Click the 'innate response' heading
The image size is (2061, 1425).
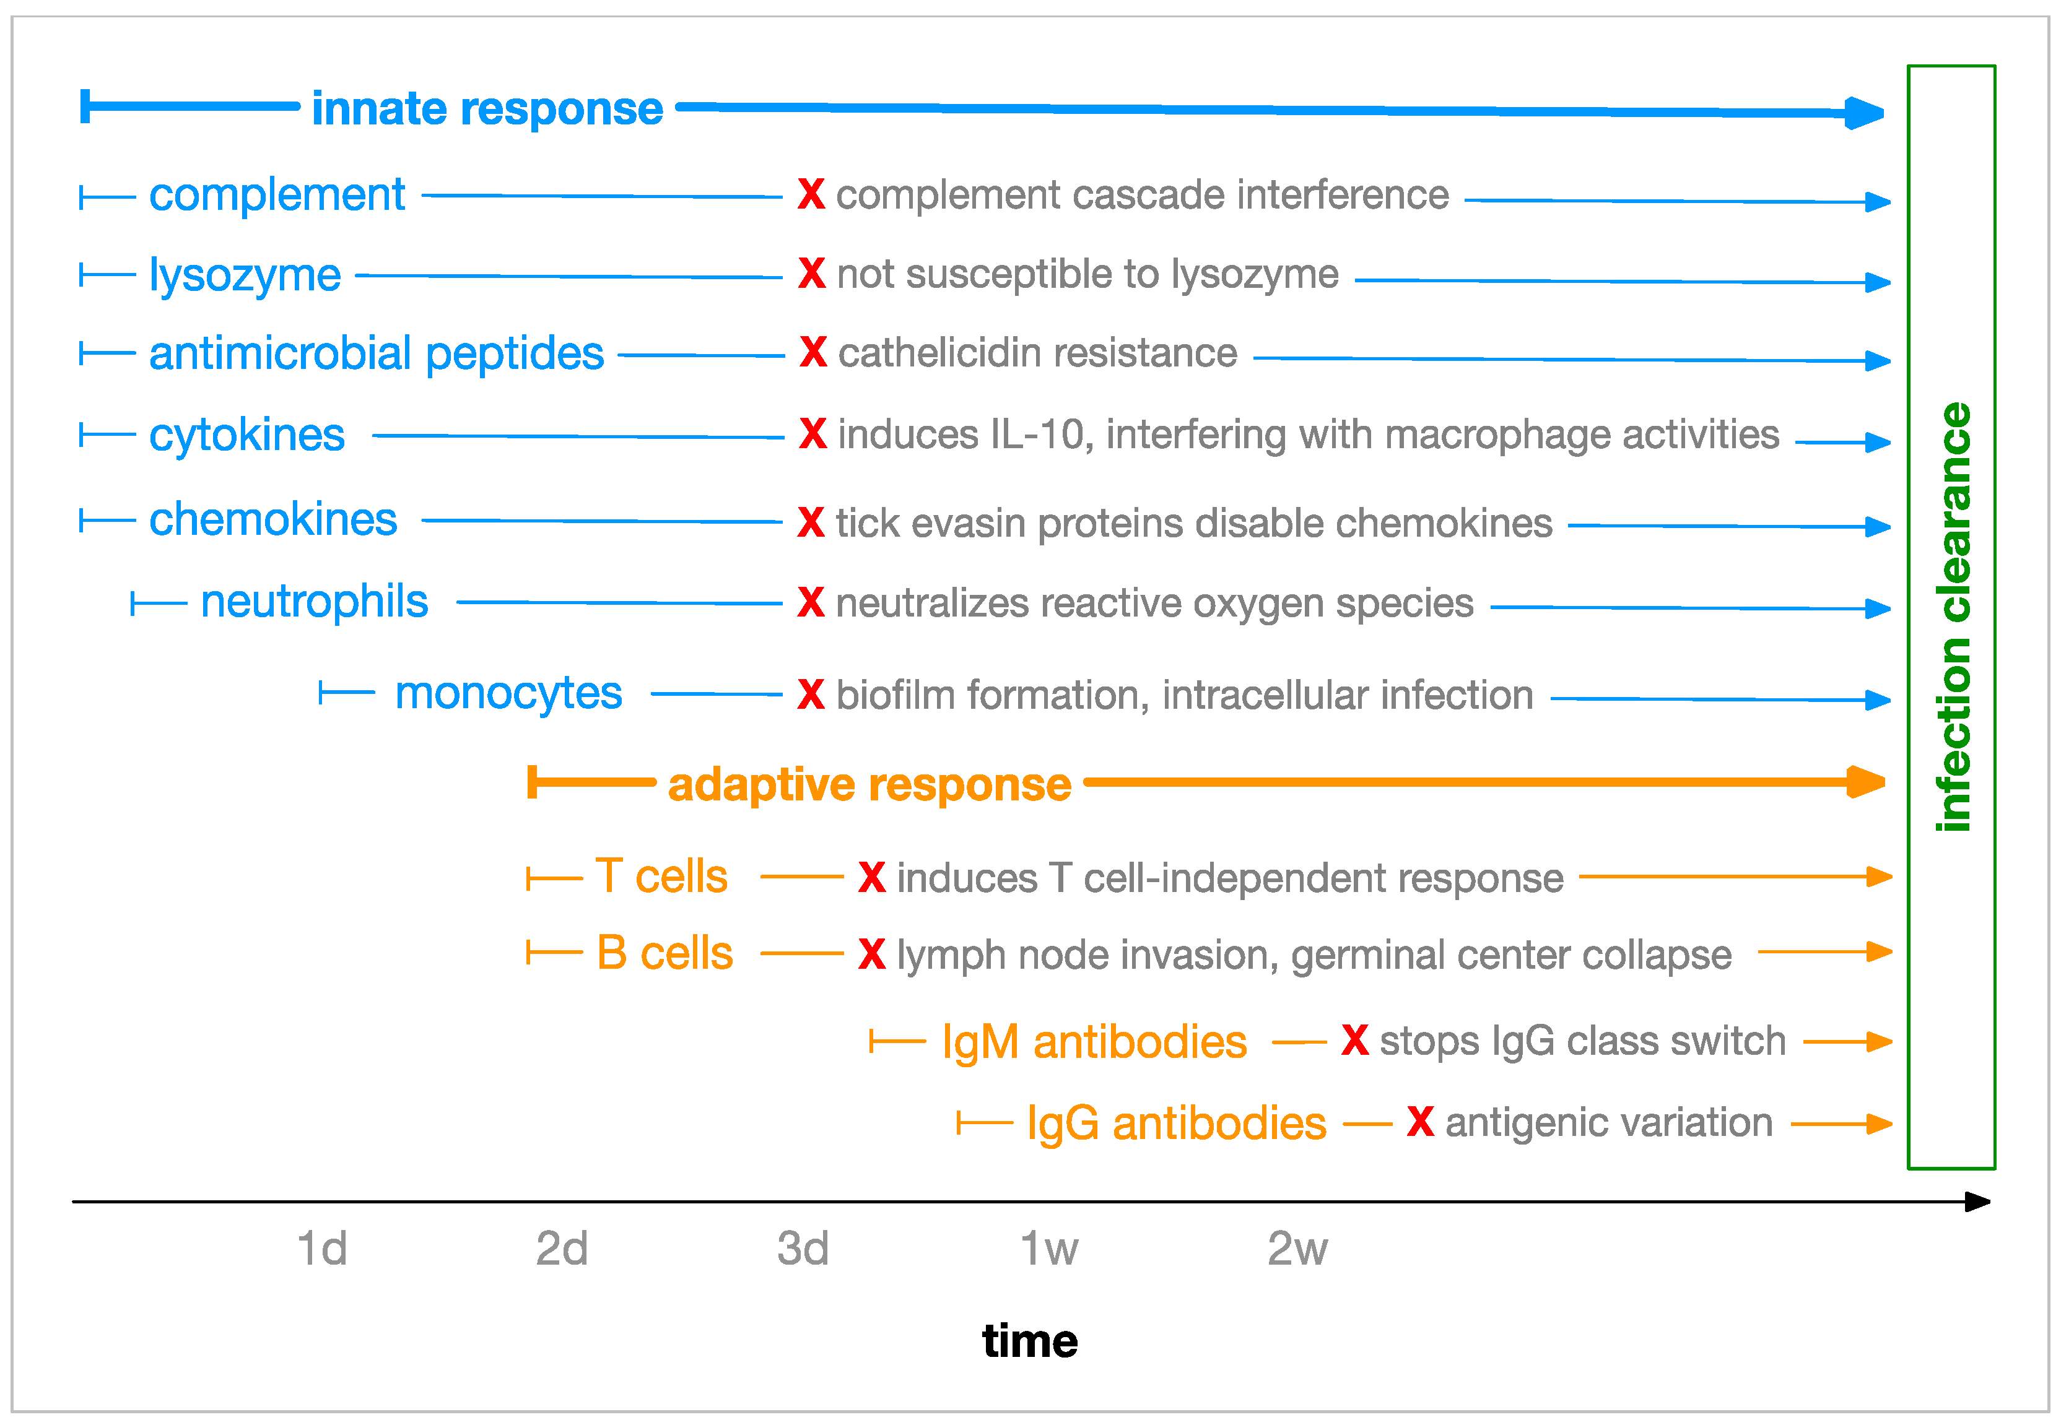point(487,109)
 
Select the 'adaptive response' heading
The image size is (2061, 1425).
point(869,785)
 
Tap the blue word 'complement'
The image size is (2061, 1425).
point(277,194)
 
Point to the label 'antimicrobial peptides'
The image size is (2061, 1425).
point(376,353)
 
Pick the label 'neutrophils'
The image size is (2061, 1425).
point(315,601)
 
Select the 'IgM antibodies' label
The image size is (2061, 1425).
point(1094,1042)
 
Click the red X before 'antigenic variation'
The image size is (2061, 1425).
point(1420,1122)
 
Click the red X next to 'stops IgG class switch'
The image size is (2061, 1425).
point(1354,1040)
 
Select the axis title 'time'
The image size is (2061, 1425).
point(1030,1341)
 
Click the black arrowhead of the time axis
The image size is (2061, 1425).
point(1977,1202)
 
